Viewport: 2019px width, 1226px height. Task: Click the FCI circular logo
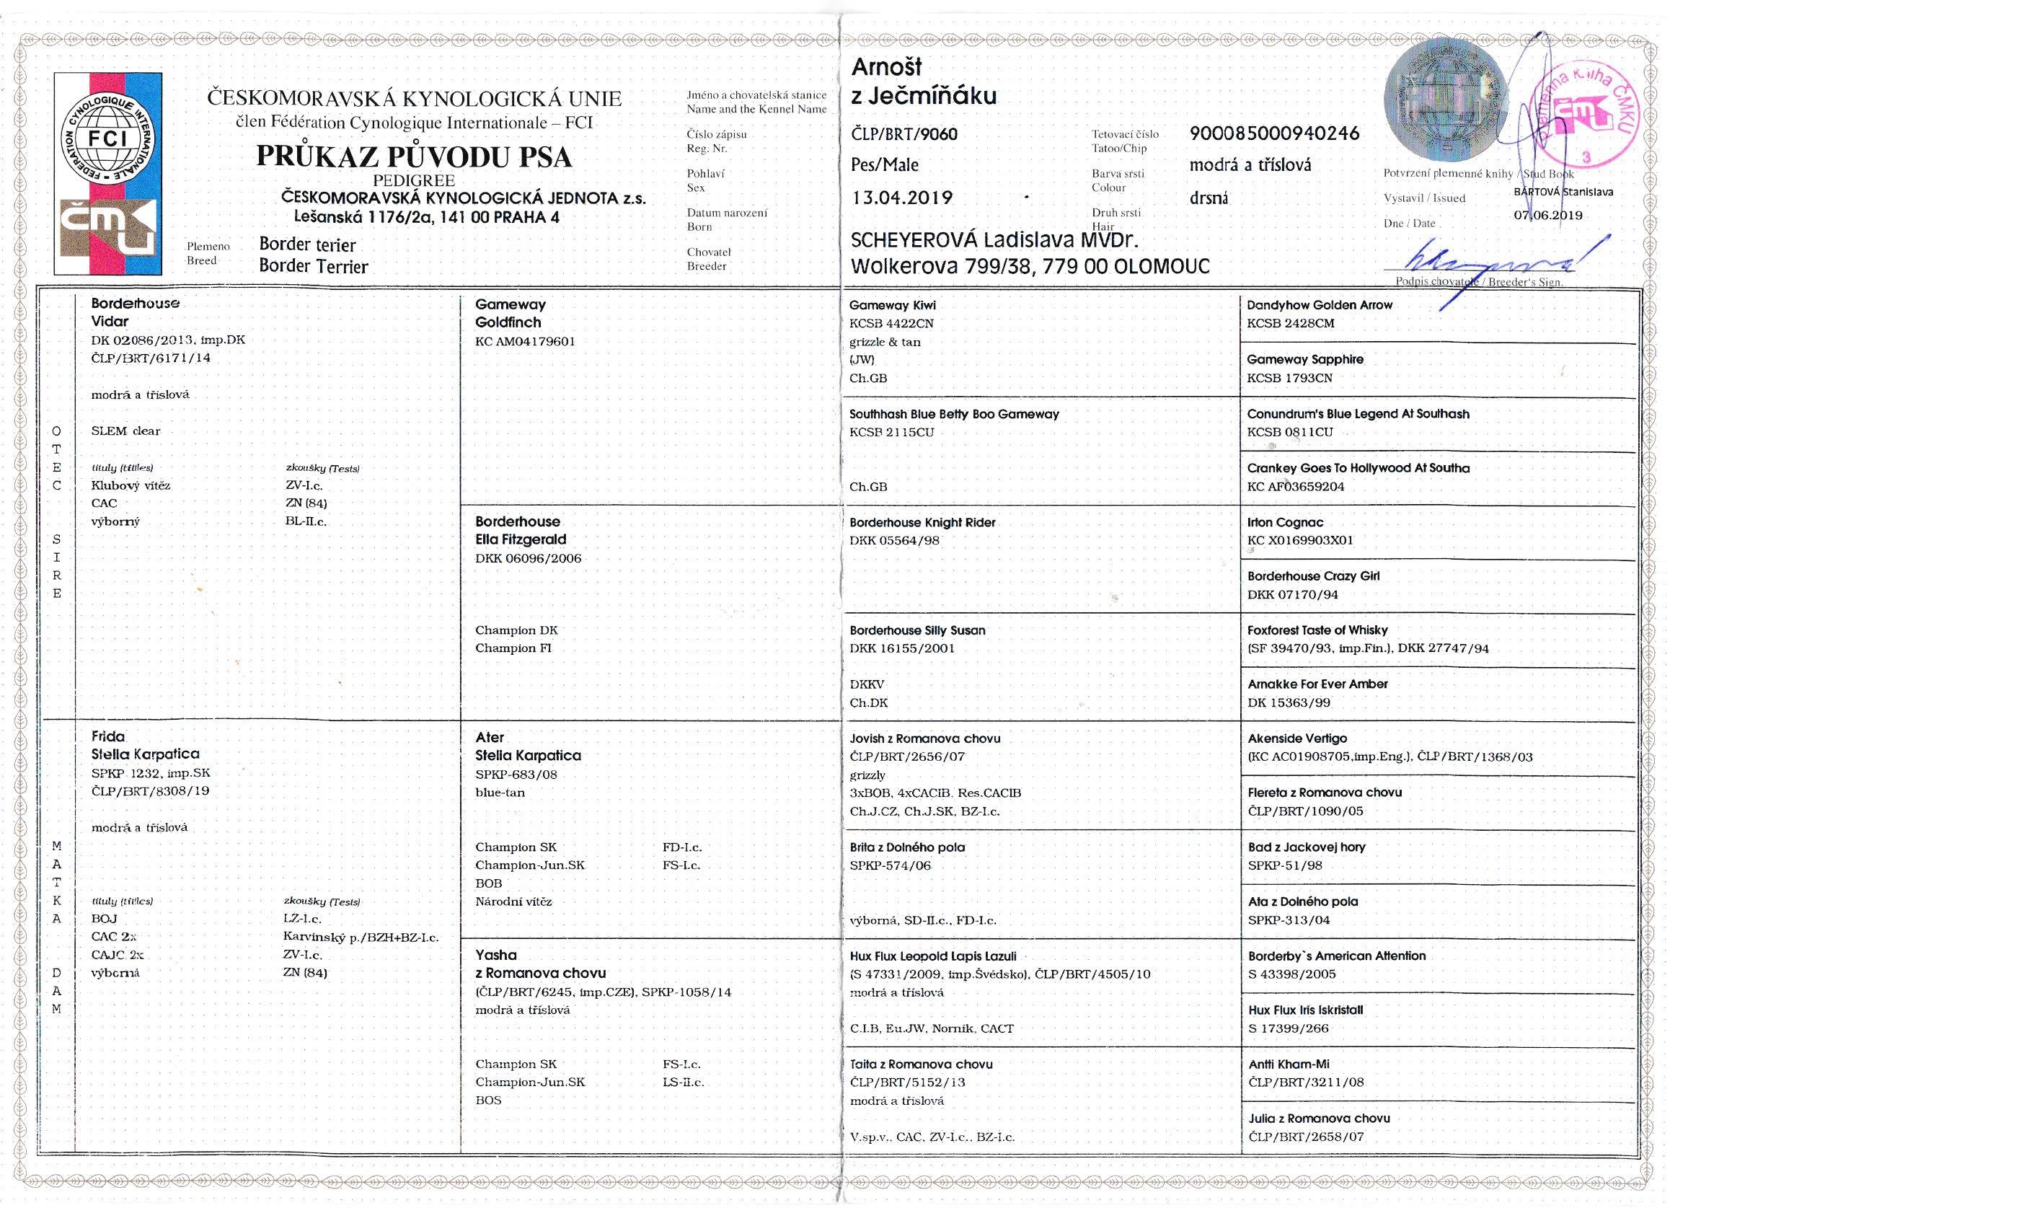(107, 138)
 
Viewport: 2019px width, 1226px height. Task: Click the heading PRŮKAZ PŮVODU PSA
(414, 156)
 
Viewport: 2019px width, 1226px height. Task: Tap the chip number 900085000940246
(1274, 133)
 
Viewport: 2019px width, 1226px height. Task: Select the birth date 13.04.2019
(901, 198)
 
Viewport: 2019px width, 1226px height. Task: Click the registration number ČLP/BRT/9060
(904, 133)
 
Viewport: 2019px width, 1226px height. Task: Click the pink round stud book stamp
(1581, 115)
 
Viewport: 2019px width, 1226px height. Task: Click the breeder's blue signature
(1491, 260)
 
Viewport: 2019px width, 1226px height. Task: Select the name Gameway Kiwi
(891, 305)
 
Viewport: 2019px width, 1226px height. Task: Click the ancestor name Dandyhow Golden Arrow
(1320, 305)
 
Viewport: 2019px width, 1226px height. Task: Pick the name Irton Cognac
(1285, 522)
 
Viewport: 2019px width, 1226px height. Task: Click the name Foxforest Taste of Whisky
(1317, 630)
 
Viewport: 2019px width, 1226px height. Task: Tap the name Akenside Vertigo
(1297, 738)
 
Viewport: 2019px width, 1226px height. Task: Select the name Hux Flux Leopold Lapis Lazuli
(932, 956)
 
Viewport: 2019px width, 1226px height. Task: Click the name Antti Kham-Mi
(1288, 1064)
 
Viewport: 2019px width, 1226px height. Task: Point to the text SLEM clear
(125, 431)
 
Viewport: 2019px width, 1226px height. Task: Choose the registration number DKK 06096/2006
(528, 558)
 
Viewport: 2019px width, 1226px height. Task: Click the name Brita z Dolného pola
(907, 847)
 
